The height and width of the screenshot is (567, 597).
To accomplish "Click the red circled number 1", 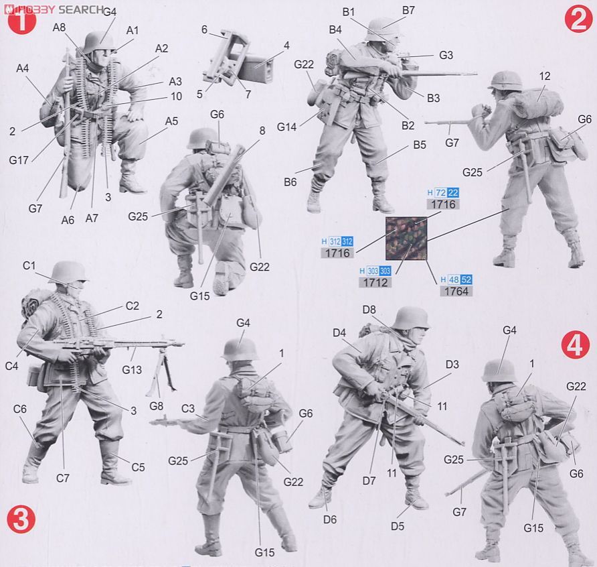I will [21, 21].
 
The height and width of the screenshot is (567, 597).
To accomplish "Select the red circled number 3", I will [21, 520].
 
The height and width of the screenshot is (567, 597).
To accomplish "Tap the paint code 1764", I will [456, 291].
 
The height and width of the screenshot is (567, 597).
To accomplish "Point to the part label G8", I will [156, 405].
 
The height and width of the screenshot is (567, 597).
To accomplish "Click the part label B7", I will [408, 10].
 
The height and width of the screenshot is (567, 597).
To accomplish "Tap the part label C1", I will [29, 265].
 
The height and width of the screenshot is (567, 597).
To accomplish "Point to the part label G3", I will [447, 55].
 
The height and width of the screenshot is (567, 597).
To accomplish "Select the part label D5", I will [398, 526].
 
